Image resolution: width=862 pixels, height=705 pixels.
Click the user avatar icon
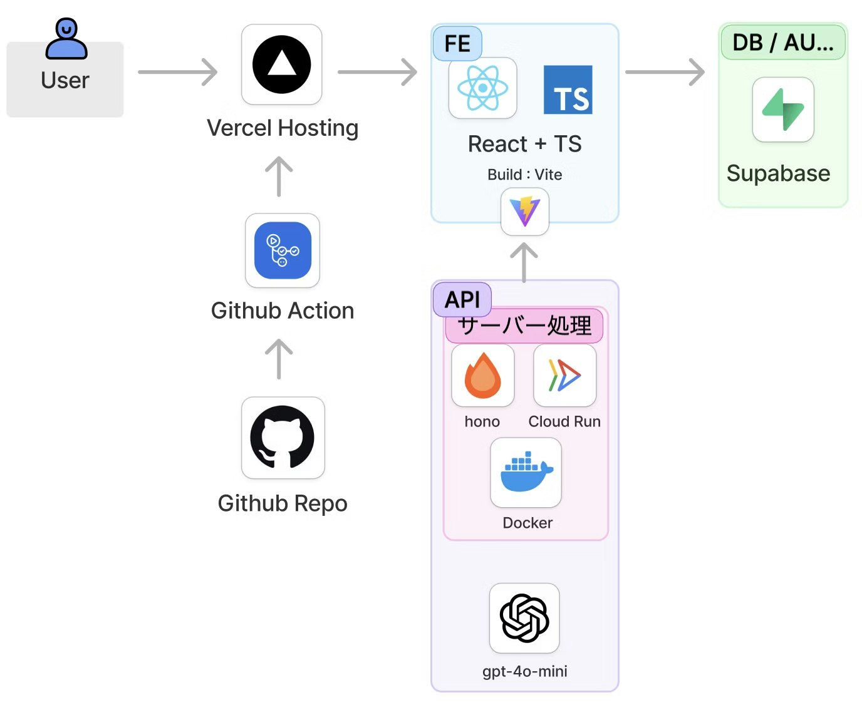pyautogui.click(x=66, y=39)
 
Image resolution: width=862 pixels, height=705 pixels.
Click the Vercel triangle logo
pyautogui.click(x=282, y=64)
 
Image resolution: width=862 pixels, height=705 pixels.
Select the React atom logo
pyautogui.click(x=482, y=88)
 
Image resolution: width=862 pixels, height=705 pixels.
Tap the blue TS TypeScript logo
pyautogui.click(x=568, y=90)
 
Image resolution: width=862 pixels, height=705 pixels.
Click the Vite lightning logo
pyautogui.click(x=525, y=212)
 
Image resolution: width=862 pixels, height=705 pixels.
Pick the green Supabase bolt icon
pyautogui.click(x=783, y=110)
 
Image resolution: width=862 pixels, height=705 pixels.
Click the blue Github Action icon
pyautogui.click(x=283, y=250)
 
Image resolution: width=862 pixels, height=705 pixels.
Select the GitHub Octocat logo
pyautogui.click(x=283, y=438)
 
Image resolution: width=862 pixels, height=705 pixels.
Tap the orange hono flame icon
pyautogui.click(x=482, y=376)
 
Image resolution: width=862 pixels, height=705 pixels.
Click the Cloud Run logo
pyautogui.click(x=564, y=376)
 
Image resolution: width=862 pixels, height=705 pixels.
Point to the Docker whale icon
pyautogui.click(x=526, y=472)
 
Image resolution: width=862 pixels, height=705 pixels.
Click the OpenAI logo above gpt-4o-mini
pyautogui.click(x=524, y=618)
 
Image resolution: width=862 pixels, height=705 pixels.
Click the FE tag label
pyautogui.click(x=457, y=44)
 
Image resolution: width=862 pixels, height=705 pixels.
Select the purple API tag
pyautogui.click(x=462, y=299)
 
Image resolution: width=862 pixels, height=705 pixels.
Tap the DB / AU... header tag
pyautogui.click(x=783, y=43)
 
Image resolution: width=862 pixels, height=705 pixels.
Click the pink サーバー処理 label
pyautogui.click(x=524, y=326)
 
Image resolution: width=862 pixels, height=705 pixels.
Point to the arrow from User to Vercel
pyautogui.click(x=177, y=72)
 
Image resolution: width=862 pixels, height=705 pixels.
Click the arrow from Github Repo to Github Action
pyautogui.click(x=279, y=359)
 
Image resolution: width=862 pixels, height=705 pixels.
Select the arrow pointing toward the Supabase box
pyautogui.click(x=665, y=72)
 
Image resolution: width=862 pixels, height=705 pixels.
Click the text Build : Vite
pyautogui.click(x=525, y=175)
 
